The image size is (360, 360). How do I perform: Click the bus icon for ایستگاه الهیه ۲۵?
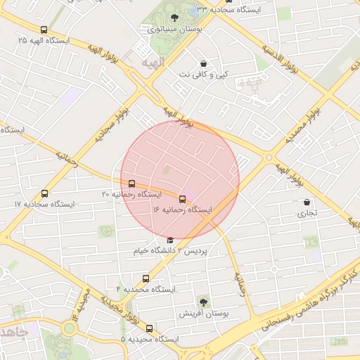[x=44, y=30]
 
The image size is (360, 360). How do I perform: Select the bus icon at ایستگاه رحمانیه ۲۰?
[x=131, y=184]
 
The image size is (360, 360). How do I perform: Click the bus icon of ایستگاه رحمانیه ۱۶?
[x=183, y=200]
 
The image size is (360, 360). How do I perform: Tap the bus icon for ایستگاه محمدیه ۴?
[x=146, y=279]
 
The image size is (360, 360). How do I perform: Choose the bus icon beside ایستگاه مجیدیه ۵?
[x=148, y=328]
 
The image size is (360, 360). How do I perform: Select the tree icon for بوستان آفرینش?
[x=203, y=302]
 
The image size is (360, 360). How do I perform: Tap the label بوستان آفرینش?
[x=185, y=313]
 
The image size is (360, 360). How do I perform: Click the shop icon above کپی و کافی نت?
[x=203, y=63]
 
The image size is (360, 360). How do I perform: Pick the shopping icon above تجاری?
[x=307, y=202]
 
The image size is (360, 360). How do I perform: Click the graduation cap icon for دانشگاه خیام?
[x=170, y=240]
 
